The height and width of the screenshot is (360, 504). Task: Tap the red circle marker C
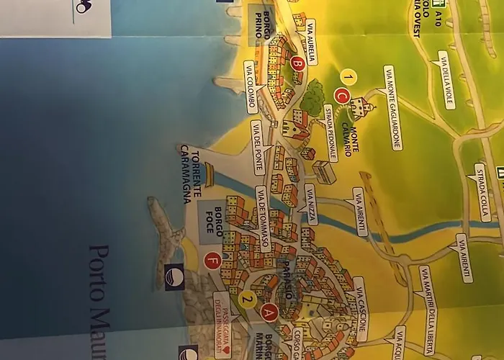[x=342, y=95]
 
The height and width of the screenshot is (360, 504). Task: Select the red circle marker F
[x=212, y=261]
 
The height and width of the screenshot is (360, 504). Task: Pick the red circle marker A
[x=269, y=312]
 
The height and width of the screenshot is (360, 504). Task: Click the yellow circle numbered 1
[x=348, y=76]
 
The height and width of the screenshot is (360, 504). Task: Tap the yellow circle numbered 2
[x=247, y=300]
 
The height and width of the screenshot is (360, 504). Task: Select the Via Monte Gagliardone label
[x=392, y=108]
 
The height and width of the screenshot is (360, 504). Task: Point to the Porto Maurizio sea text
[x=101, y=302]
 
